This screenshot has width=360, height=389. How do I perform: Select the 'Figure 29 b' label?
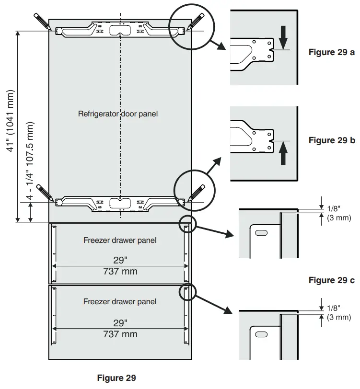[x=332, y=140]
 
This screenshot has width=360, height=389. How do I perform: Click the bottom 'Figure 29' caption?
[x=116, y=378]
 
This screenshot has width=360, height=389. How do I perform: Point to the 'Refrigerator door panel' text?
[x=117, y=114]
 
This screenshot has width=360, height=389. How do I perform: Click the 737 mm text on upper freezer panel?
[x=120, y=272]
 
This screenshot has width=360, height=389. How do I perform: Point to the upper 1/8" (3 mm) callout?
[x=338, y=213]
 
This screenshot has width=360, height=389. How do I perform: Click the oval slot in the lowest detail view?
[x=262, y=334]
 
